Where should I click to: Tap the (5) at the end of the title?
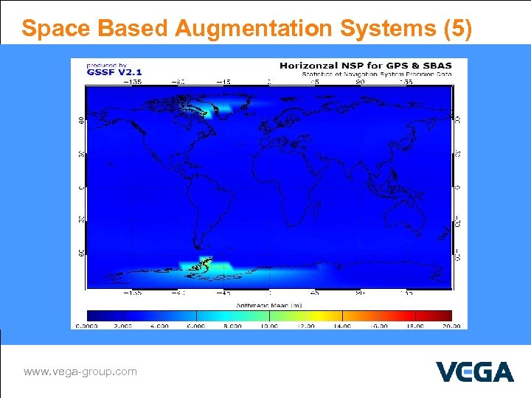(x=457, y=28)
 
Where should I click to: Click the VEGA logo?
(x=474, y=371)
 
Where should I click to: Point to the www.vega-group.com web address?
(x=80, y=371)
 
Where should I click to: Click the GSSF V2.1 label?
(x=104, y=73)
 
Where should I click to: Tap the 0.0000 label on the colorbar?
(x=86, y=326)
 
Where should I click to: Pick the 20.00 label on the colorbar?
(x=451, y=326)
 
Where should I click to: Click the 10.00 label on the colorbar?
(x=268, y=326)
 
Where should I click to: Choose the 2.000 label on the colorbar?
(x=122, y=326)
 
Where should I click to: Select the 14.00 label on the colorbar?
(x=341, y=326)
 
